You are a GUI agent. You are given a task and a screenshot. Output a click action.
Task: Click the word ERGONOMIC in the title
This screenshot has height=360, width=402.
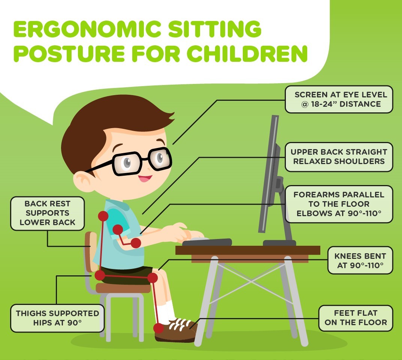87,29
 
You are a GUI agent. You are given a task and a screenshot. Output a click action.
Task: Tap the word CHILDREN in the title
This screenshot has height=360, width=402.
247,54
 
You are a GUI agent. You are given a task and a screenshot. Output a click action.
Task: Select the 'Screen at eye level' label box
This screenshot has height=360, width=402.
339,100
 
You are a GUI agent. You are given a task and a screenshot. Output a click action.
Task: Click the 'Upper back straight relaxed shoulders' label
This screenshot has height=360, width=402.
339,157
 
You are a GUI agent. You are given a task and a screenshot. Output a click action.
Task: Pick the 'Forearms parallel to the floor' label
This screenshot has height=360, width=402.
339,204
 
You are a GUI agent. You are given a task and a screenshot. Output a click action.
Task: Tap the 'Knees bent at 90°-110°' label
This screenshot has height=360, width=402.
360,260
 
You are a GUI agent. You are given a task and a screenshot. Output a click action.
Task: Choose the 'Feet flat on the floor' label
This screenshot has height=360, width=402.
356,318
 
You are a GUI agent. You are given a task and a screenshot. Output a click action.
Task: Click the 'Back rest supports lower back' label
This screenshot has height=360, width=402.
48,213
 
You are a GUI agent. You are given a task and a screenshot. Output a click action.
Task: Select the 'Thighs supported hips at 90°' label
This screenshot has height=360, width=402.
57,318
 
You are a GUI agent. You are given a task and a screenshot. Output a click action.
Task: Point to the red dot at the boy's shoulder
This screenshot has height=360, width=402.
103,216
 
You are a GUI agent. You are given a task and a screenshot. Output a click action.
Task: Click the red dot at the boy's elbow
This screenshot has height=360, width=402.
136,243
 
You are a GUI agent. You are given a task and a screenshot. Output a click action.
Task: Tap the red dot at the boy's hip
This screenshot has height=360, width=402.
100,276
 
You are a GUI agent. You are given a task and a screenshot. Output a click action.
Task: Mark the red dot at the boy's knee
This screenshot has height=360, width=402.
152,278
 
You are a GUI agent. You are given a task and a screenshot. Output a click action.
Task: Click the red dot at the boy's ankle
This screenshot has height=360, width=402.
158,328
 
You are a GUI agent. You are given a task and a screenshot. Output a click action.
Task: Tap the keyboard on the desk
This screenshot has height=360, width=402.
207,242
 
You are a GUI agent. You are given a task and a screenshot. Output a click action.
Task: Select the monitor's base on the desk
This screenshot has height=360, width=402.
279,243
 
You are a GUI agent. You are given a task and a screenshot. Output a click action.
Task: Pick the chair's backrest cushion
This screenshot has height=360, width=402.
91,252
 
